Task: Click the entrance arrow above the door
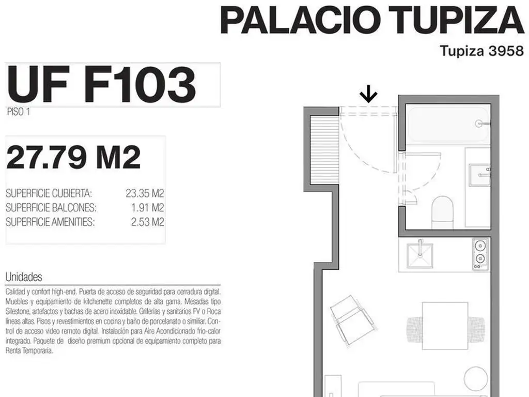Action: click(368, 94)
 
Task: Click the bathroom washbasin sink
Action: click(479, 175)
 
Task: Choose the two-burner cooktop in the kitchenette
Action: click(480, 254)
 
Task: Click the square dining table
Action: click(445, 326)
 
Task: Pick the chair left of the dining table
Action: click(415, 329)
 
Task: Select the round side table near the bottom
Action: click(476, 379)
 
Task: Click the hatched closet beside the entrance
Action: click(324, 149)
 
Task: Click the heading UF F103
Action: click(101, 84)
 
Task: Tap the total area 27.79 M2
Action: click(73, 157)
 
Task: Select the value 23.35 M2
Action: click(145, 193)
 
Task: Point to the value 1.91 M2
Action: click(147, 208)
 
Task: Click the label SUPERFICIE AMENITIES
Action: click(50, 222)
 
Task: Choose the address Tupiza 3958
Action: click(482, 51)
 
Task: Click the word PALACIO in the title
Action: click(299, 20)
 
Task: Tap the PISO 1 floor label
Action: click(19, 112)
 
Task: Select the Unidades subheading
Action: click(24, 277)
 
